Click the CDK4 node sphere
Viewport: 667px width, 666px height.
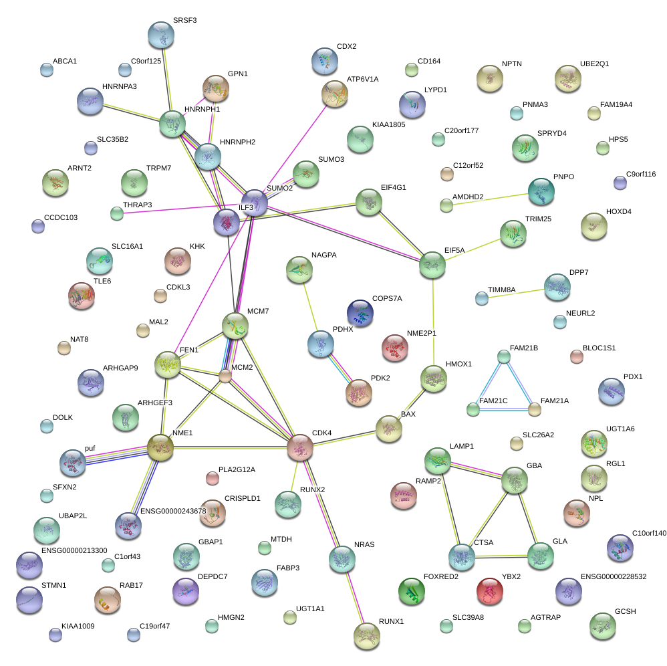pyautogui.click(x=300, y=447)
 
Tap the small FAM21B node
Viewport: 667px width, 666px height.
pyautogui.click(x=504, y=356)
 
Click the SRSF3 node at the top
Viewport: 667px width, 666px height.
pyautogui.click(x=160, y=35)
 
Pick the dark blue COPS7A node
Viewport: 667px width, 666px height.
pyautogui.click(x=360, y=313)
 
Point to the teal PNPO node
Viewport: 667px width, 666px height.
pyautogui.click(x=541, y=191)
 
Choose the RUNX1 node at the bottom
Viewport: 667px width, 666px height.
pyautogui.click(x=366, y=635)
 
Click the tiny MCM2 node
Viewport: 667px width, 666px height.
pyautogui.click(x=226, y=376)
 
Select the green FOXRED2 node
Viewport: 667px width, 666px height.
pyautogui.click(x=411, y=591)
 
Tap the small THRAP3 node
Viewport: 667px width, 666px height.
pyautogui.click(x=117, y=213)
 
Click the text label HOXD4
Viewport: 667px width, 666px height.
pyautogui.click(x=618, y=211)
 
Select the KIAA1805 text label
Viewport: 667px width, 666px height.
pyautogui.click(x=388, y=124)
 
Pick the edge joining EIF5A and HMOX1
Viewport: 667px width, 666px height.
pyautogui.click(x=433, y=322)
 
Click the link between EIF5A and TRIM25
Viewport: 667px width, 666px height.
pyautogui.click(x=473, y=249)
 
